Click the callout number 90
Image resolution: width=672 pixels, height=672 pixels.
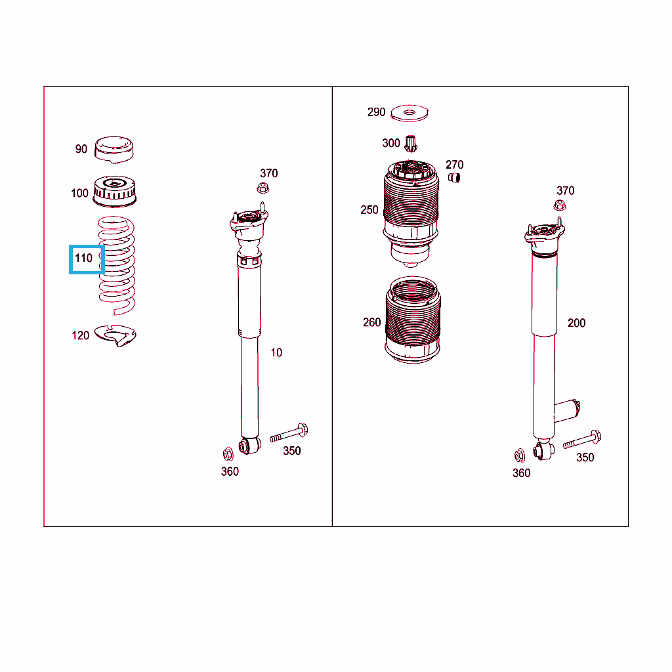point(81,149)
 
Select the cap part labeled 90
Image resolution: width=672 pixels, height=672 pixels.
point(114,150)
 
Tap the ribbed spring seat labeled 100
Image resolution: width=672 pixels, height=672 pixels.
point(114,191)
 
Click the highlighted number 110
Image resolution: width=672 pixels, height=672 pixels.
point(83,258)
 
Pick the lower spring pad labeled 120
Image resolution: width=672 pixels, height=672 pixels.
point(115,335)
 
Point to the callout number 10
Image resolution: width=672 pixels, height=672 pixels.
point(276,352)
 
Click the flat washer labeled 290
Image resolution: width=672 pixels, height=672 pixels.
point(409,113)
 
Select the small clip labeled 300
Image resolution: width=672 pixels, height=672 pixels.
point(411,144)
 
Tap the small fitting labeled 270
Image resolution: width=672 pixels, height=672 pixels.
point(454,177)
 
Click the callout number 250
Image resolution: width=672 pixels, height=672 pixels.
point(369,210)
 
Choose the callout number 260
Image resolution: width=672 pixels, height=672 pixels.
point(372,322)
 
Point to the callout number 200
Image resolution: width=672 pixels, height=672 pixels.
point(576,323)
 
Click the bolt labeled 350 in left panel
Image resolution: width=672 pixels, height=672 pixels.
point(289,433)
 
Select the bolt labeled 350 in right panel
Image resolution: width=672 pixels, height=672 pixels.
point(582,440)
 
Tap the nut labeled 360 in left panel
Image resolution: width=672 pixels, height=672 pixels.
point(228,454)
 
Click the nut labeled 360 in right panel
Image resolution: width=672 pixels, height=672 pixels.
point(520,455)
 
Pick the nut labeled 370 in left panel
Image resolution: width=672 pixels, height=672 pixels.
point(263,188)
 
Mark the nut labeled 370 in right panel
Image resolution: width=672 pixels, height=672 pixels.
point(560,205)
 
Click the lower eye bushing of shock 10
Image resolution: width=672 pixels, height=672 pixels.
point(249,446)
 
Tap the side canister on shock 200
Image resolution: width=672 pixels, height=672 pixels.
point(567,411)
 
